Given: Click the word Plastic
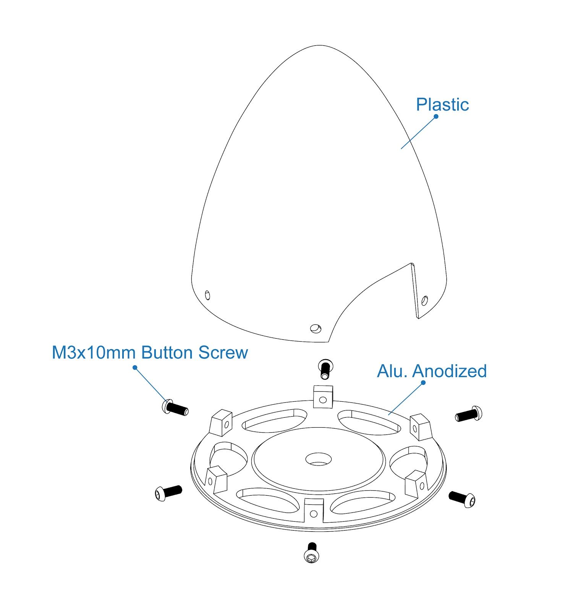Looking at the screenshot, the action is [442, 105].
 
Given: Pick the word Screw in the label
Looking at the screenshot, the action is [223, 352].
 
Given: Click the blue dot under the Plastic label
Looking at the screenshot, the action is [436, 116].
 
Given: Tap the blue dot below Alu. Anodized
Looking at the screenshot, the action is [423, 383].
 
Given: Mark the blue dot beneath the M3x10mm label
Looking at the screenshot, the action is [134, 368].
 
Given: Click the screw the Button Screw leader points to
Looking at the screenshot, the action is [175, 407].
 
